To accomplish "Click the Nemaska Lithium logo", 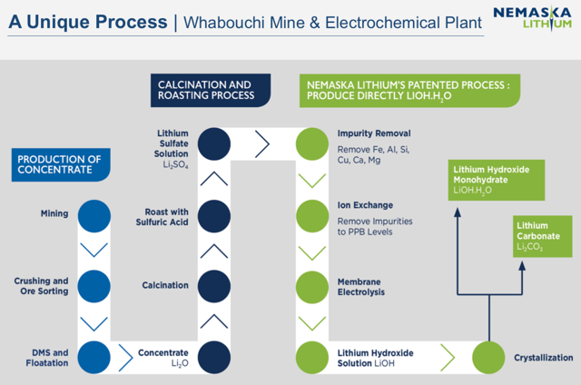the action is [x=533, y=17].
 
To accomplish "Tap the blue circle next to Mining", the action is [x=94, y=216].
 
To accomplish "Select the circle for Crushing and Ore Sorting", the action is [x=94, y=286].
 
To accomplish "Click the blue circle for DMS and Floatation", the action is [x=94, y=357].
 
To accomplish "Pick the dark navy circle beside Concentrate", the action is [x=214, y=357].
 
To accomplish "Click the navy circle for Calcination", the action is [x=214, y=286].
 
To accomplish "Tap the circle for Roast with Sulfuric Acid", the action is [x=214, y=216].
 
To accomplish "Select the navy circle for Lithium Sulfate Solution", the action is [x=214, y=144].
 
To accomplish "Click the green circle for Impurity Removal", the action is [x=312, y=144].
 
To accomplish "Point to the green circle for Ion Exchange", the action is [x=312, y=216].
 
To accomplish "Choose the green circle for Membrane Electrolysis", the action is [x=312, y=287].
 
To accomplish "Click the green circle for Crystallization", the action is [x=488, y=357].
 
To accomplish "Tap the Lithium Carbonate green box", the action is [x=543, y=236].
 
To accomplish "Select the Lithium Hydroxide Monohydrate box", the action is [x=497, y=180].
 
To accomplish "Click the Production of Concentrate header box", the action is [x=61, y=165].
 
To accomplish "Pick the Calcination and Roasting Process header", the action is [x=211, y=91].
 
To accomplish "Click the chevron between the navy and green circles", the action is [x=262, y=143].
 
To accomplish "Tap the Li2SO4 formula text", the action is [x=175, y=164].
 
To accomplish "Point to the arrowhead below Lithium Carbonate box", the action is [x=522, y=266].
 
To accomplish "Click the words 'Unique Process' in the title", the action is [x=97, y=22].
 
